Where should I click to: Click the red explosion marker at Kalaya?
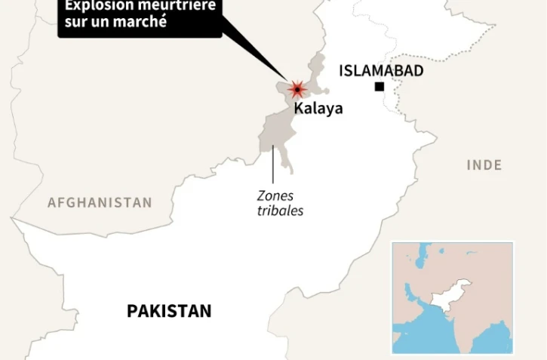[297, 90]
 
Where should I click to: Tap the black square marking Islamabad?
[380, 87]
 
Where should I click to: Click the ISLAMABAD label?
[381, 71]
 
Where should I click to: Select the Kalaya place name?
[318, 108]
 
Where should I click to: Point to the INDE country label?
[484, 165]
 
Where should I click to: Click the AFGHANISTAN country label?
[100, 202]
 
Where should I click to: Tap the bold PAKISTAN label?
[169, 310]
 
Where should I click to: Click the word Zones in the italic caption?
[275, 196]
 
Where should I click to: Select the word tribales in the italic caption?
[280, 211]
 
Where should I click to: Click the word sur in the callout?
[75, 22]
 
